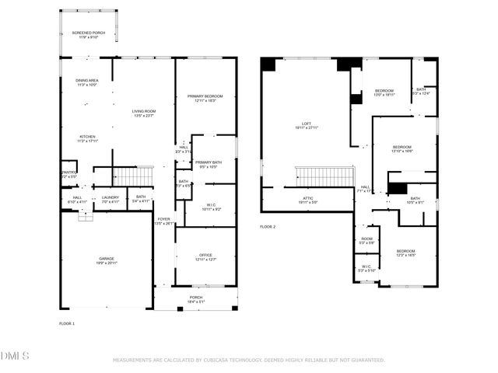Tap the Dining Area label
click(86, 82)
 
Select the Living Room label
click(146, 113)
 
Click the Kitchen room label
click(86, 138)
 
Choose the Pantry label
click(69, 174)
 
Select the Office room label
click(205, 256)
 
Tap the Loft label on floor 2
click(307, 125)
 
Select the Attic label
click(308, 200)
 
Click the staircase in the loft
click(324, 177)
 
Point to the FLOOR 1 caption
click(67, 322)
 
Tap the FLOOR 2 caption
click(268, 227)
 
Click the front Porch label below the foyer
click(196, 298)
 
